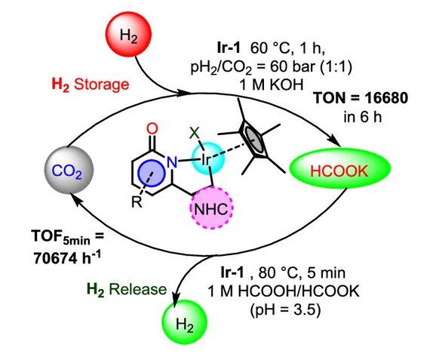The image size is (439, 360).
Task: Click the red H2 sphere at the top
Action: (128, 35)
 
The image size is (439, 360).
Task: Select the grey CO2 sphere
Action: (69, 170)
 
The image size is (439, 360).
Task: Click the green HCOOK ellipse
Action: (339, 168)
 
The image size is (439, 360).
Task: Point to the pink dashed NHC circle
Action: (211, 208)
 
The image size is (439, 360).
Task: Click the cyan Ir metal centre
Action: (207, 158)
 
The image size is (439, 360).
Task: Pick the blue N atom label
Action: (172, 162)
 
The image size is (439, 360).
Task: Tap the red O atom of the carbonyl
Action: (152, 129)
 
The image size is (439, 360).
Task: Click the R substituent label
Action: (137, 202)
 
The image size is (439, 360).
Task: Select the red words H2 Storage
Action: (91, 85)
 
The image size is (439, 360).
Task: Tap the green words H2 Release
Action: (127, 289)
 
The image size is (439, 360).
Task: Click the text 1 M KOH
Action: (272, 84)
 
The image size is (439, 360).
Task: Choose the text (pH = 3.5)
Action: (285, 310)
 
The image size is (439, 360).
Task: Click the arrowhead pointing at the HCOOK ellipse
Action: (335, 140)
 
